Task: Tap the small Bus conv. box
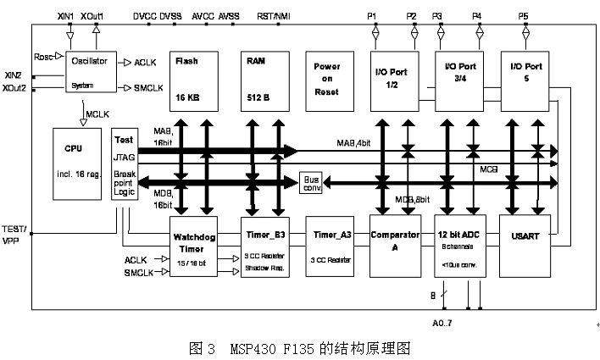(x=312, y=182)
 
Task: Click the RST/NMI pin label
(x=275, y=15)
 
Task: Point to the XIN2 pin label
(x=14, y=75)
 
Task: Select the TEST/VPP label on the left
(x=15, y=234)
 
